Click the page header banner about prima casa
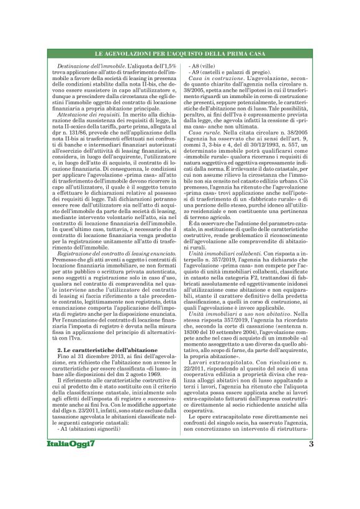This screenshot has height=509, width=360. (180, 56)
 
